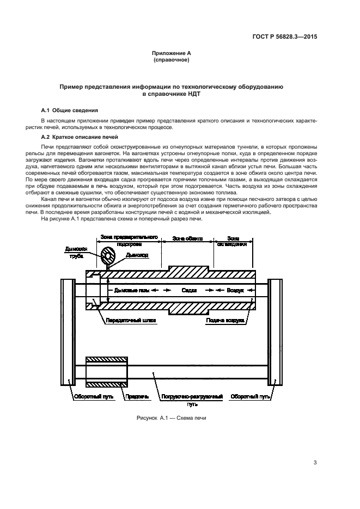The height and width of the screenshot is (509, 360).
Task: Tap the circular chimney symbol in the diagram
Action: click(x=107, y=255)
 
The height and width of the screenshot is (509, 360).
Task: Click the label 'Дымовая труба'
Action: click(x=76, y=254)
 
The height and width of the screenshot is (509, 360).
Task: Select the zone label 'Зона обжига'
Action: click(x=187, y=238)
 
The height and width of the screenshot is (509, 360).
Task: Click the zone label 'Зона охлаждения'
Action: click(x=233, y=241)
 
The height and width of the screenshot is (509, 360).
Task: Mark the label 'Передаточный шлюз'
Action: click(x=131, y=321)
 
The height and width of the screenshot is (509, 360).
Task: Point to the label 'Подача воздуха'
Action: click(x=223, y=321)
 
